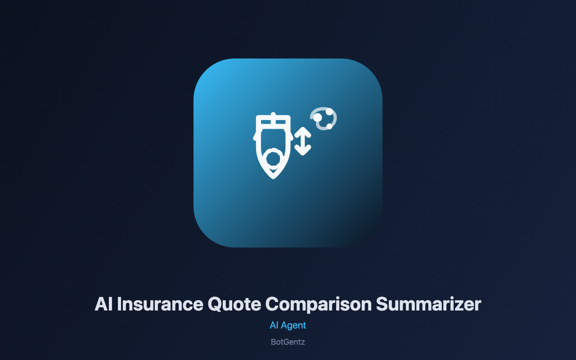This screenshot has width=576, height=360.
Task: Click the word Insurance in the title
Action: [x=160, y=304]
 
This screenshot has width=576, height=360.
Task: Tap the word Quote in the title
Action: [x=234, y=305]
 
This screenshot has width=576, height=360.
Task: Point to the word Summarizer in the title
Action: [x=428, y=304]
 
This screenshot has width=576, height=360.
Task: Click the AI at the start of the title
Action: [x=103, y=304]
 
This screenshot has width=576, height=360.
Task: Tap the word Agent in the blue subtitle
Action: [x=293, y=326]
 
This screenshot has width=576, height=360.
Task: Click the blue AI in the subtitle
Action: [x=274, y=325]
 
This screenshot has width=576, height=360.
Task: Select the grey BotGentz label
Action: [x=288, y=342]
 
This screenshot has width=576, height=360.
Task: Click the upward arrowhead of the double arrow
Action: [x=303, y=132]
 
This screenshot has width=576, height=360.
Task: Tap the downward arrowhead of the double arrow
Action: [x=303, y=151]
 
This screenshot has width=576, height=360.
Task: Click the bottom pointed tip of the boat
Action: [x=273, y=178]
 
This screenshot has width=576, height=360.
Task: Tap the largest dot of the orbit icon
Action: [x=318, y=117]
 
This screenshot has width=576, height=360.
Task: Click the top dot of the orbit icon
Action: [x=329, y=112]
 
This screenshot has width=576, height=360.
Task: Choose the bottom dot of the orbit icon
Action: [x=329, y=126]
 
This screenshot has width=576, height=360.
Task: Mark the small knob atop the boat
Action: [x=273, y=114]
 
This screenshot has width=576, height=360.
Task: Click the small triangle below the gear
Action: [x=273, y=171]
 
